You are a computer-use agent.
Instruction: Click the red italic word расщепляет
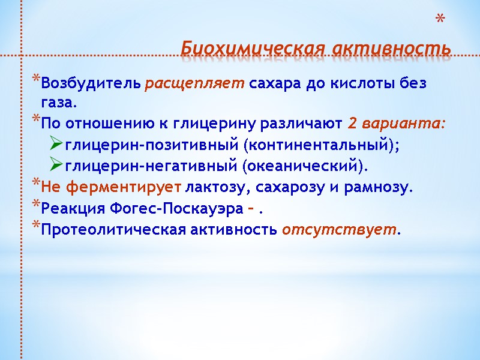pyautogui.click(x=195, y=83)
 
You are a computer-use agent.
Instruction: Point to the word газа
pyautogui.click(x=59, y=103)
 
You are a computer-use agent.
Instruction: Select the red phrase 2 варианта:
pyautogui.click(x=397, y=124)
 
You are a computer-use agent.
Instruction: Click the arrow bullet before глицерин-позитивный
pyautogui.click(x=56, y=145)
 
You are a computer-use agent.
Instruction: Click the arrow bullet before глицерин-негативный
pyautogui.click(x=56, y=166)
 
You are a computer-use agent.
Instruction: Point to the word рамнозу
pyautogui.click(x=380, y=187)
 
